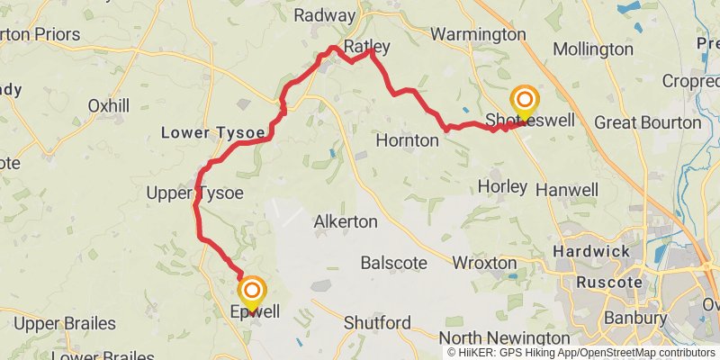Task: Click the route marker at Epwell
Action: click(253, 291)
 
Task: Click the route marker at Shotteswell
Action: click(524, 100)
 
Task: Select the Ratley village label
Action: click(366, 45)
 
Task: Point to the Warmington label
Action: click(477, 34)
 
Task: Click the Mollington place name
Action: click(593, 49)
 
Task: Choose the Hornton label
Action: click(407, 140)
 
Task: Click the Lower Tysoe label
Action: click(213, 132)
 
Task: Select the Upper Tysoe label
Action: click(195, 192)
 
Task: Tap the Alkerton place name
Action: click(346, 221)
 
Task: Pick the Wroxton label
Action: click(484, 263)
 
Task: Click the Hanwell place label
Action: click(566, 190)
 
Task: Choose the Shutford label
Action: click(378, 322)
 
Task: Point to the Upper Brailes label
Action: click(65, 322)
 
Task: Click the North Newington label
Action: click(492, 337)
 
